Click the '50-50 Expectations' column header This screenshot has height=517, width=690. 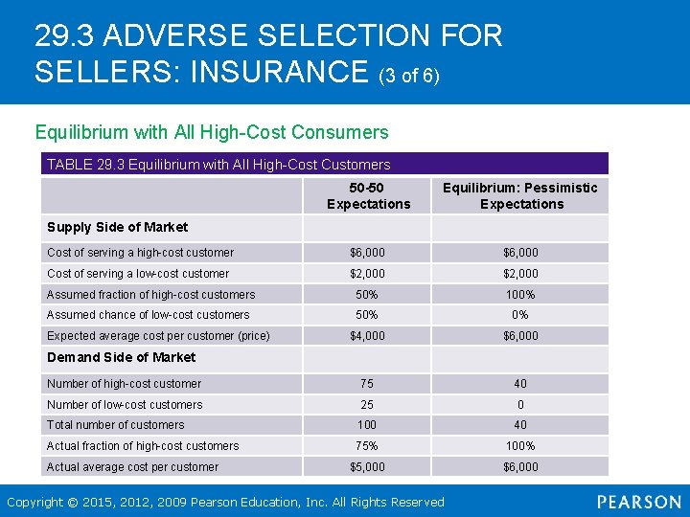pos(368,195)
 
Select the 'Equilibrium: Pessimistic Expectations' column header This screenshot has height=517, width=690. pos(520,195)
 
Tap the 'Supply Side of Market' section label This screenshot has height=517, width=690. pos(117,227)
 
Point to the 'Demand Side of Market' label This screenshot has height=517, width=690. pos(121,357)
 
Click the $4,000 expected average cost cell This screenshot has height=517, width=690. pos(367,336)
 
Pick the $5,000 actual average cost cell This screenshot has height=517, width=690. pos(367,467)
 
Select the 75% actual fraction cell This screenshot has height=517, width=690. pos(367,446)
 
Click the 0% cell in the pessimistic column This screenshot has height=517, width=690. pos(520,315)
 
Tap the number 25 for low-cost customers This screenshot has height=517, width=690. pos(367,405)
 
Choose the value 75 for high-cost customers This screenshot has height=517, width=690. pos(367,384)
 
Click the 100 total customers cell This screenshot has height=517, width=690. pos(367,425)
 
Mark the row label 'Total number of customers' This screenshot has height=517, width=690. pos(115,425)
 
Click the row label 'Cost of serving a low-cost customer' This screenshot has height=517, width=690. pos(138,274)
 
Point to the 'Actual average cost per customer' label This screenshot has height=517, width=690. pos(132,467)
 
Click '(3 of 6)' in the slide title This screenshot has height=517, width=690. pos(409,75)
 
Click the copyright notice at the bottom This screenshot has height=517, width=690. pos(225,502)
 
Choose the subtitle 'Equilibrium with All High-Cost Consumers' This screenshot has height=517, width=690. pos(212,132)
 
